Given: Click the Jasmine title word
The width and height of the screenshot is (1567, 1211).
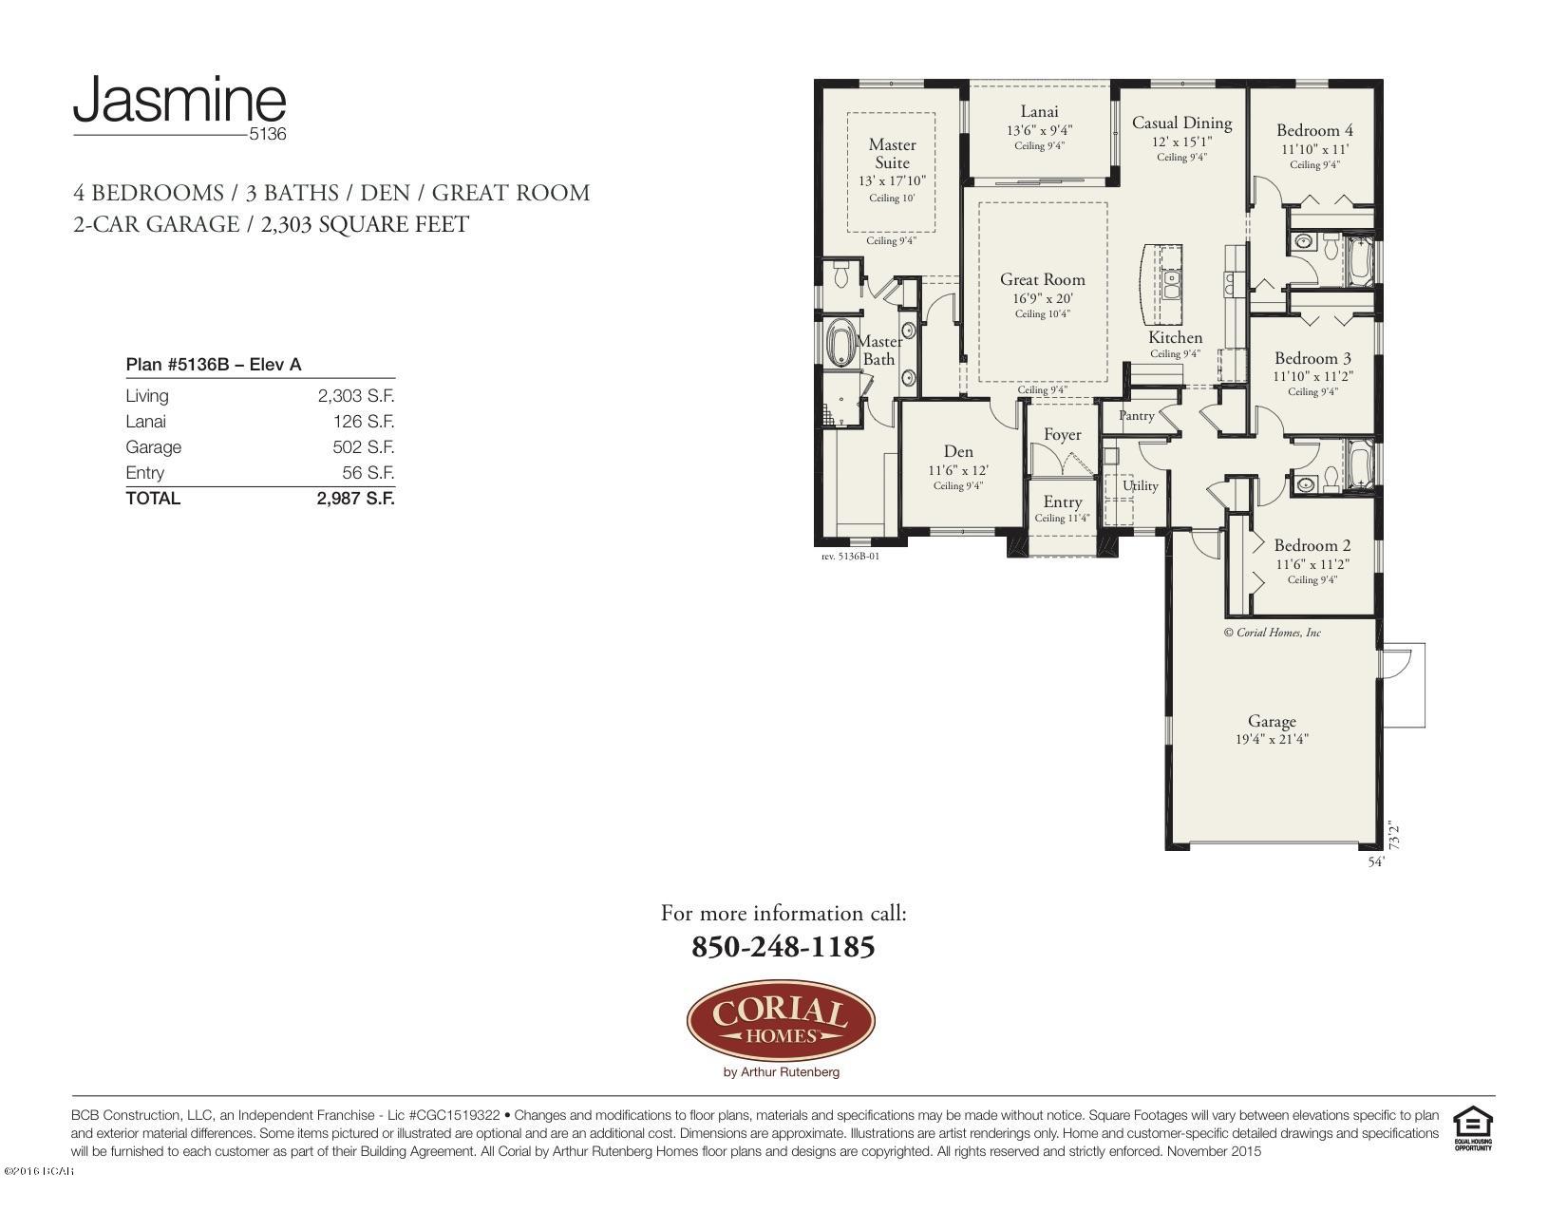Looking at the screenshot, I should click(x=179, y=101).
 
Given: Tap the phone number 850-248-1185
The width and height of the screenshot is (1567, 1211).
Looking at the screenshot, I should click(x=783, y=947).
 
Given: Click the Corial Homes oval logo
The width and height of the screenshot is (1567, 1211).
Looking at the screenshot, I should click(x=781, y=1021).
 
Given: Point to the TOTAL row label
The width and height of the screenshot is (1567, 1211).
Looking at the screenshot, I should click(x=153, y=499).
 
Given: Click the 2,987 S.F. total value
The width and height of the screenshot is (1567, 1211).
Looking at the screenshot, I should click(x=355, y=499).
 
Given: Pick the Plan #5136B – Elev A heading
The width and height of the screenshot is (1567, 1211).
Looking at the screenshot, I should click(x=214, y=365).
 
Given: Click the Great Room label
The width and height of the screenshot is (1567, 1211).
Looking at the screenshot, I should click(x=1042, y=279).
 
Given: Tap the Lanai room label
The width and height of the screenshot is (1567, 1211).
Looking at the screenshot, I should click(x=1039, y=112).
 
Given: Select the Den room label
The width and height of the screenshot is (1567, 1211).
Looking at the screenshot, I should click(x=957, y=452).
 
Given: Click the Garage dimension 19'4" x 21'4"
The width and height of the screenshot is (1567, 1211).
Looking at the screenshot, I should click(x=1272, y=739).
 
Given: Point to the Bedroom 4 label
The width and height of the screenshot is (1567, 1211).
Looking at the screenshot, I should click(x=1314, y=131).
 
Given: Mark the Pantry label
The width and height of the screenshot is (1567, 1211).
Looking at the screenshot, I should click(x=1136, y=416).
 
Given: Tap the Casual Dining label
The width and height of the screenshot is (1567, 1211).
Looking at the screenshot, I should click(x=1181, y=123).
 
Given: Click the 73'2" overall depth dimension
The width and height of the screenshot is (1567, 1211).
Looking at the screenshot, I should click(x=1394, y=835).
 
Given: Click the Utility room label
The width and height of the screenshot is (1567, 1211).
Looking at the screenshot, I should click(x=1140, y=485).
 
